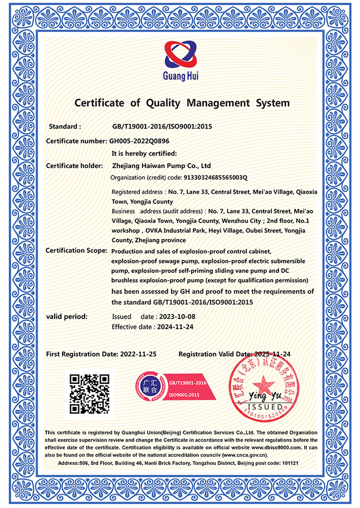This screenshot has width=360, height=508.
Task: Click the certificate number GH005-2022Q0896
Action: click(x=140, y=141)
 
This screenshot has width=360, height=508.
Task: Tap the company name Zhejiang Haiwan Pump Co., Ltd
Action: click(x=161, y=166)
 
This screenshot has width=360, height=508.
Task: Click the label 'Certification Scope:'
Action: click(x=75, y=250)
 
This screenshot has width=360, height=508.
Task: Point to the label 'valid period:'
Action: click(x=66, y=317)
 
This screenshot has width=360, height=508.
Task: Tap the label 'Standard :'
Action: click(x=65, y=127)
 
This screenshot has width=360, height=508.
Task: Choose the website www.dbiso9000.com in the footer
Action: click(x=276, y=447)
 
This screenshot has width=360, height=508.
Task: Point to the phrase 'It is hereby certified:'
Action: click(x=144, y=154)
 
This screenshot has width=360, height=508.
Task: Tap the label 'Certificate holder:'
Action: click(x=74, y=166)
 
